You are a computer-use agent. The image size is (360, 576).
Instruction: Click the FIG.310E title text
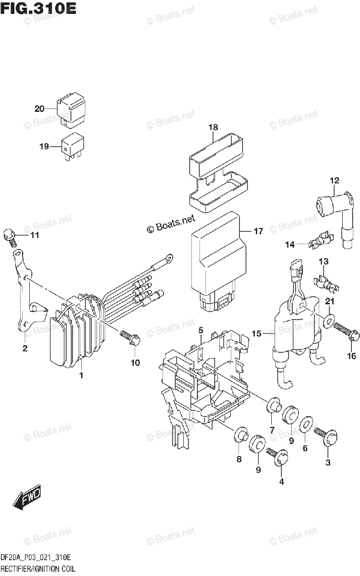pyautogui.click(x=38, y=8)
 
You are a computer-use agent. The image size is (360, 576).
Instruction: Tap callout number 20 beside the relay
pyautogui.click(x=39, y=108)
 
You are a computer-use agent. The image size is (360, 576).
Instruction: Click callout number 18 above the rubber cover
pyautogui.click(x=213, y=128)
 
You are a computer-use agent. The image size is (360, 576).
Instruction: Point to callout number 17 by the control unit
pyautogui.click(x=258, y=231)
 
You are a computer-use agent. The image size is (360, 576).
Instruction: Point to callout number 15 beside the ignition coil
pyautogui.click(x=256, y=333)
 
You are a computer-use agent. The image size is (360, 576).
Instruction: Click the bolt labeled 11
pyautogui.click(x=10, y=235)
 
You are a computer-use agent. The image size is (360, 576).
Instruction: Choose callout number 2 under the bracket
pyautogui.click(x=24, y=348)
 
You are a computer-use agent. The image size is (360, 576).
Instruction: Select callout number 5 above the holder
pyautogui.click(x=201, y=330)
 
